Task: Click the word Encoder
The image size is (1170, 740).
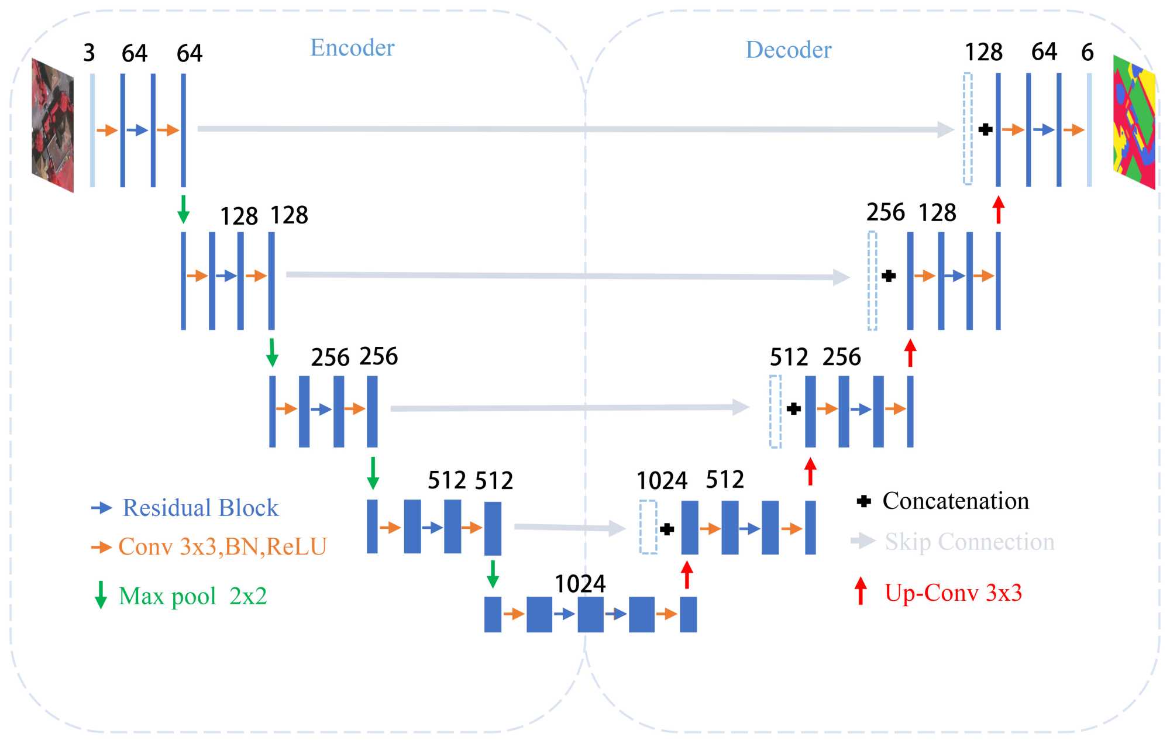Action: [x=352, y=48]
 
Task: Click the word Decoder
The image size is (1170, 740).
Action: [x=789, y=50]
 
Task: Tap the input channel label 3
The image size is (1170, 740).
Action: [x=89, y=53]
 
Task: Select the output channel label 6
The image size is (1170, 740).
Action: [x=1087, y=53]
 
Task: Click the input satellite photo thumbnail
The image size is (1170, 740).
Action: [x=53, y=125]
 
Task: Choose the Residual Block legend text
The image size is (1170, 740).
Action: [x=200, y=508]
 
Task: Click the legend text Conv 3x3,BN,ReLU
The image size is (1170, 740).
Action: [x=222, y=546]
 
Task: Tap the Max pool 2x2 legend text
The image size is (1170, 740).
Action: [x=192, y=596]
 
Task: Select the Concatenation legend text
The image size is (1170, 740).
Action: [x=955, y=501]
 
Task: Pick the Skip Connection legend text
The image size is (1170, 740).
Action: [x=969, y=542]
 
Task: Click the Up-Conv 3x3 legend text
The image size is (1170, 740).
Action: [x=953, y=593]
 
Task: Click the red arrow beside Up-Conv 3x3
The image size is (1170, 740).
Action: [x=861, y=591]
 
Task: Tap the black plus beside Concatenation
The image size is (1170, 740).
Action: [x=863, y=501]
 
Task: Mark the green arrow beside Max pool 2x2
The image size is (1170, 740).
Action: [x=101, y=595]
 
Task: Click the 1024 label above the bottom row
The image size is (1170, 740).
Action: [x=580, y=584]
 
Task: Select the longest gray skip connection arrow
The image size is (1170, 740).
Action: [x=573, y=129]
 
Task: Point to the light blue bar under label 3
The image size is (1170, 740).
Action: [x=92, y=130]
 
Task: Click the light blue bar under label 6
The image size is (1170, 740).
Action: [x=1089, y=130]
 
